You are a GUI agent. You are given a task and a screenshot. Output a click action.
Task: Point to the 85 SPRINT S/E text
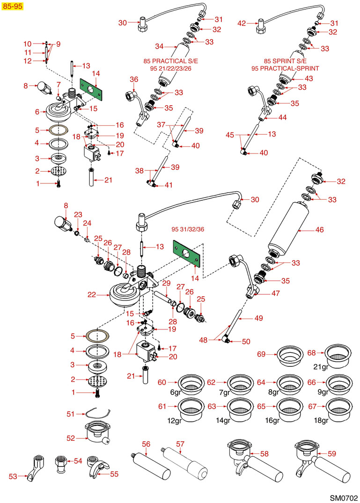click(285, 61)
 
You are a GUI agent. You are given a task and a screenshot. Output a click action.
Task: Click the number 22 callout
click(92, 294)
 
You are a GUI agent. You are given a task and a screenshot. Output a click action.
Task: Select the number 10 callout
click(27, 44)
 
